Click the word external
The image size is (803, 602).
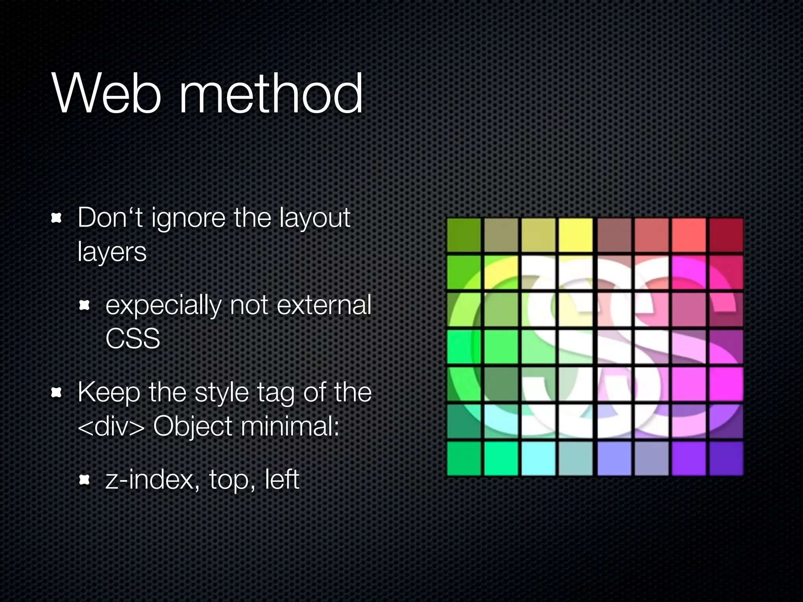[324, 305]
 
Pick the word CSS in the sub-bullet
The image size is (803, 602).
[133, 339]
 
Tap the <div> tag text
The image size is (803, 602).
[111, 426]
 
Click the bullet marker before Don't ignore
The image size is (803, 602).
[57, 218]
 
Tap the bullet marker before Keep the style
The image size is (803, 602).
[57, 392]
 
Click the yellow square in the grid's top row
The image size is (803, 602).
[575, 235]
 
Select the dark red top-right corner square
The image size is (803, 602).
[726, 235]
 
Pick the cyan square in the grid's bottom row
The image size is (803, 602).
[538, 458]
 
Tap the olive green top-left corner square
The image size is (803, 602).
[464, 235]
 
